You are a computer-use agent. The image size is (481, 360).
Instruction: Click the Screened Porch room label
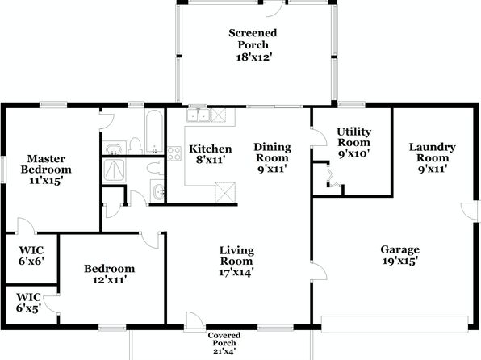tap(253, 39)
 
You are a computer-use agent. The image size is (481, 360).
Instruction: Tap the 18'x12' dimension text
tap(254, 57)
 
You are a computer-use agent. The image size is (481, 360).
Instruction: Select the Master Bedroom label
tap(46, 164)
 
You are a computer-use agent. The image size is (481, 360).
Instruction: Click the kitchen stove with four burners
tap(174, 153)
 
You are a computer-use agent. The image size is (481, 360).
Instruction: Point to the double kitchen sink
tap(199, 115)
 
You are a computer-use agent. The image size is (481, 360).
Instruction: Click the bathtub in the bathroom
tap(154, 132)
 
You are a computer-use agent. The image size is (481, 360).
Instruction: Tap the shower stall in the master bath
tap(114, 170)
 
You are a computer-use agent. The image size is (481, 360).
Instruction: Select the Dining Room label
tap(273, 153)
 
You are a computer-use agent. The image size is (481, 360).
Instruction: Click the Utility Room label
tap(354, 137)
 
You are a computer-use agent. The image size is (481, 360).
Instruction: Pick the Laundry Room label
tap(433, 153)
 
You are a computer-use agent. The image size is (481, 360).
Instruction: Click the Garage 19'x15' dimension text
tap(400, 262)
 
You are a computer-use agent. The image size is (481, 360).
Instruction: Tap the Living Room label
tap(236, 256)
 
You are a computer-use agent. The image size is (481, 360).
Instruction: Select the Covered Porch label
tap(224, 339)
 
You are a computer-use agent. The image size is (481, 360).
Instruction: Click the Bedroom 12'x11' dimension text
tap(110, 280)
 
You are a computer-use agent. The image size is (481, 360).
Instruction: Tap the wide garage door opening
tap(395, 324)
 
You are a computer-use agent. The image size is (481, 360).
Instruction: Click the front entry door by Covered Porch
tap(194, 321)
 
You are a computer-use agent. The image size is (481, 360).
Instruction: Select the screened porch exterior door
tap(274, 8)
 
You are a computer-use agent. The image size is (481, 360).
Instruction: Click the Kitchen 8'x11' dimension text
tap(211, 160)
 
